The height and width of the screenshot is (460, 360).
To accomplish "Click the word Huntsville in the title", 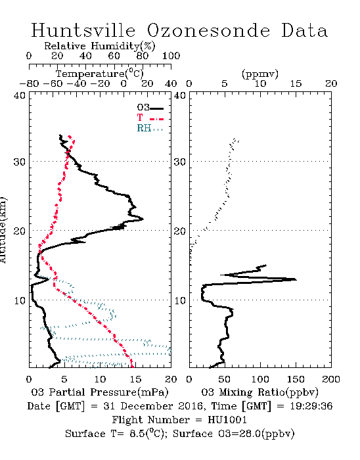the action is pos(83,30).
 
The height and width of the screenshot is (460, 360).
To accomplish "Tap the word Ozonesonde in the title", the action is pos(208,30).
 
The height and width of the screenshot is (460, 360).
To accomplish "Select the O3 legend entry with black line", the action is pos(150,108).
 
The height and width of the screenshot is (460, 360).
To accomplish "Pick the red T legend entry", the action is pos(150,118).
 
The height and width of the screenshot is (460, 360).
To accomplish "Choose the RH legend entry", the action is pos(150,129).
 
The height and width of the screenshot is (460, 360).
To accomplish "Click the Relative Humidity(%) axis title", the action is pos(100,46).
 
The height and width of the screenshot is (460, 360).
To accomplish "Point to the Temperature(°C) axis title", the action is pos(100,74).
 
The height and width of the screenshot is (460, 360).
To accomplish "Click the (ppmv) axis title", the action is pos(260,74).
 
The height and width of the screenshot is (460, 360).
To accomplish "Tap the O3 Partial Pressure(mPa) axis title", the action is pos(100,392).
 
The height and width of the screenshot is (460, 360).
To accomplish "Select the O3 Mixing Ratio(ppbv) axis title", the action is pos(259,392).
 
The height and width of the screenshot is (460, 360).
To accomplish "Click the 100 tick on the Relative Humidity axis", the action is pos(171,56).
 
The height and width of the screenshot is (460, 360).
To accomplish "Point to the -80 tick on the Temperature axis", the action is pos(29,84).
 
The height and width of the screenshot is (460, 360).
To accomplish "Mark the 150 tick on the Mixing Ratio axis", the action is pos(296,379).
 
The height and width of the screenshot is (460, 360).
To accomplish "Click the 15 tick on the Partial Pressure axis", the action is pos(135,379).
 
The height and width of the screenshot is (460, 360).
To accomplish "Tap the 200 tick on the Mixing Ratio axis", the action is pos(331,379).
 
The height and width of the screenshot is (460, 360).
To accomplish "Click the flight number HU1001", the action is pos(227,420).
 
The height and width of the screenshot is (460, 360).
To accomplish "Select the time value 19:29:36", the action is pos(311,406).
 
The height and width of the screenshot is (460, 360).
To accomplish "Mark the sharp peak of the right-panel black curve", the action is pos(296,279).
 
